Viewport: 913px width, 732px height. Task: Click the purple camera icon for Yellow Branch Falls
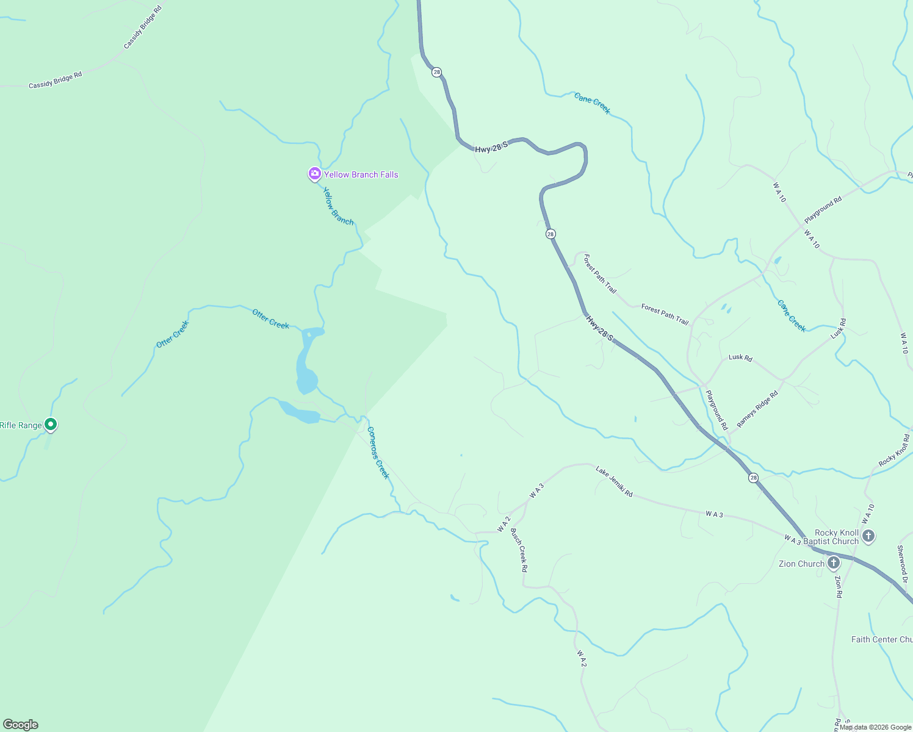314,174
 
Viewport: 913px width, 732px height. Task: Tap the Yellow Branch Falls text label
361,174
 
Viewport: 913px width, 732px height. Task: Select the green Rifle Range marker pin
51,424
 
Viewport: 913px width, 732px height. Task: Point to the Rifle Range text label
21,425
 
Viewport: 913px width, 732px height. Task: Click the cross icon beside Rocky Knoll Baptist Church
868,536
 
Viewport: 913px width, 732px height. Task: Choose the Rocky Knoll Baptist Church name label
831,537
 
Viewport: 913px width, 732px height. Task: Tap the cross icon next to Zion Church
834,563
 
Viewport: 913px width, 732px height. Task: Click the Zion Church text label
801,564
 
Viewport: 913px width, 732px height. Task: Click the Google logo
21,725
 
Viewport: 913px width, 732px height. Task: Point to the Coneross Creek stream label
378,452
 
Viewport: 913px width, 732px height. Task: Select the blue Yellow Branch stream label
338,206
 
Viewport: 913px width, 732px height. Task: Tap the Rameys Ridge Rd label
757,409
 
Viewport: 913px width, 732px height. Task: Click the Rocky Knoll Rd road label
895,451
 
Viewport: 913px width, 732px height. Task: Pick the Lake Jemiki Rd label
614,481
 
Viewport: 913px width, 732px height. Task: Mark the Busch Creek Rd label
519,550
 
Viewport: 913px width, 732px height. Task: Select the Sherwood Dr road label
902,564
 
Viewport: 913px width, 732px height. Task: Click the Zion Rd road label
839,586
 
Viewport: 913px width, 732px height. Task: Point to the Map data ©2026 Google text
875,727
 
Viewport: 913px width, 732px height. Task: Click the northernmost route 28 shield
436,72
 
